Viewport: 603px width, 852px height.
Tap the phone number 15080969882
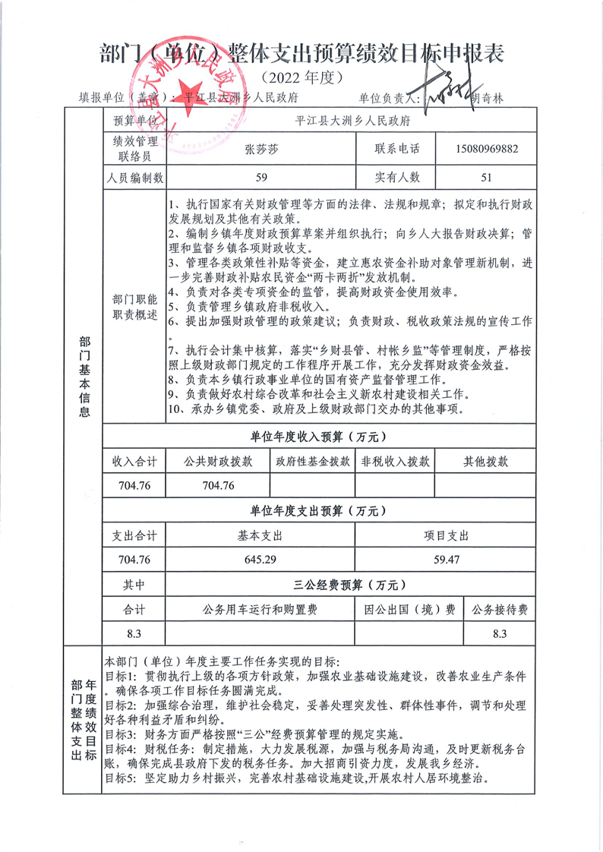coord(489,149)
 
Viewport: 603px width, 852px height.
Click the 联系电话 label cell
coord(396,149)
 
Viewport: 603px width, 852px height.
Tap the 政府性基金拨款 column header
coord(313,461)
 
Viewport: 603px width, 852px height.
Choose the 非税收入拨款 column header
coord(395,461)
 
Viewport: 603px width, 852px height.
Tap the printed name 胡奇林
coord(492,98)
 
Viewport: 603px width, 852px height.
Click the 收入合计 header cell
coord(134,461)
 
